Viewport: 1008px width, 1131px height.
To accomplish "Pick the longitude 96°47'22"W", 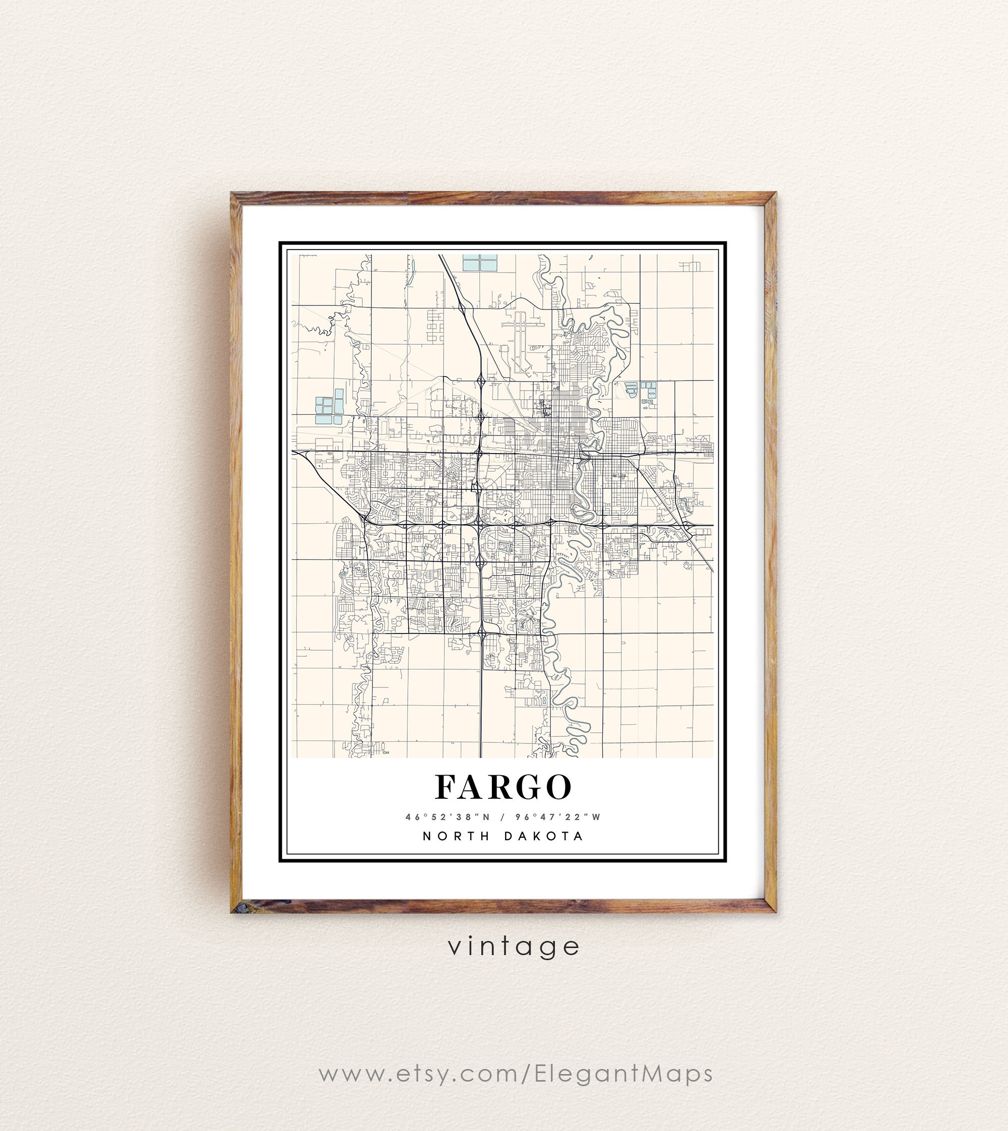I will tap(558, 816).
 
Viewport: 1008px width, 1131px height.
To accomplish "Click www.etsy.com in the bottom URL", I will tap(419, 1074).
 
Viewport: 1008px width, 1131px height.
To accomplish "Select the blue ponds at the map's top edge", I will tap(480, 262).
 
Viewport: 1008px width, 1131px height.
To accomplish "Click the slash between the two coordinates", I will tap(502, 816).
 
